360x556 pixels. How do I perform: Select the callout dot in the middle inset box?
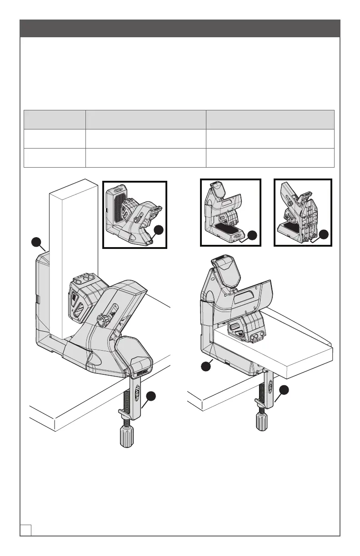pos(253,235)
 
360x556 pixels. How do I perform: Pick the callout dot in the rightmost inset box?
pos(324,234)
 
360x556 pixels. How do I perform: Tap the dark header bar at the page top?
pos(180,28)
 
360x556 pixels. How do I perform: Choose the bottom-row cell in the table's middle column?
pos(145,158)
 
